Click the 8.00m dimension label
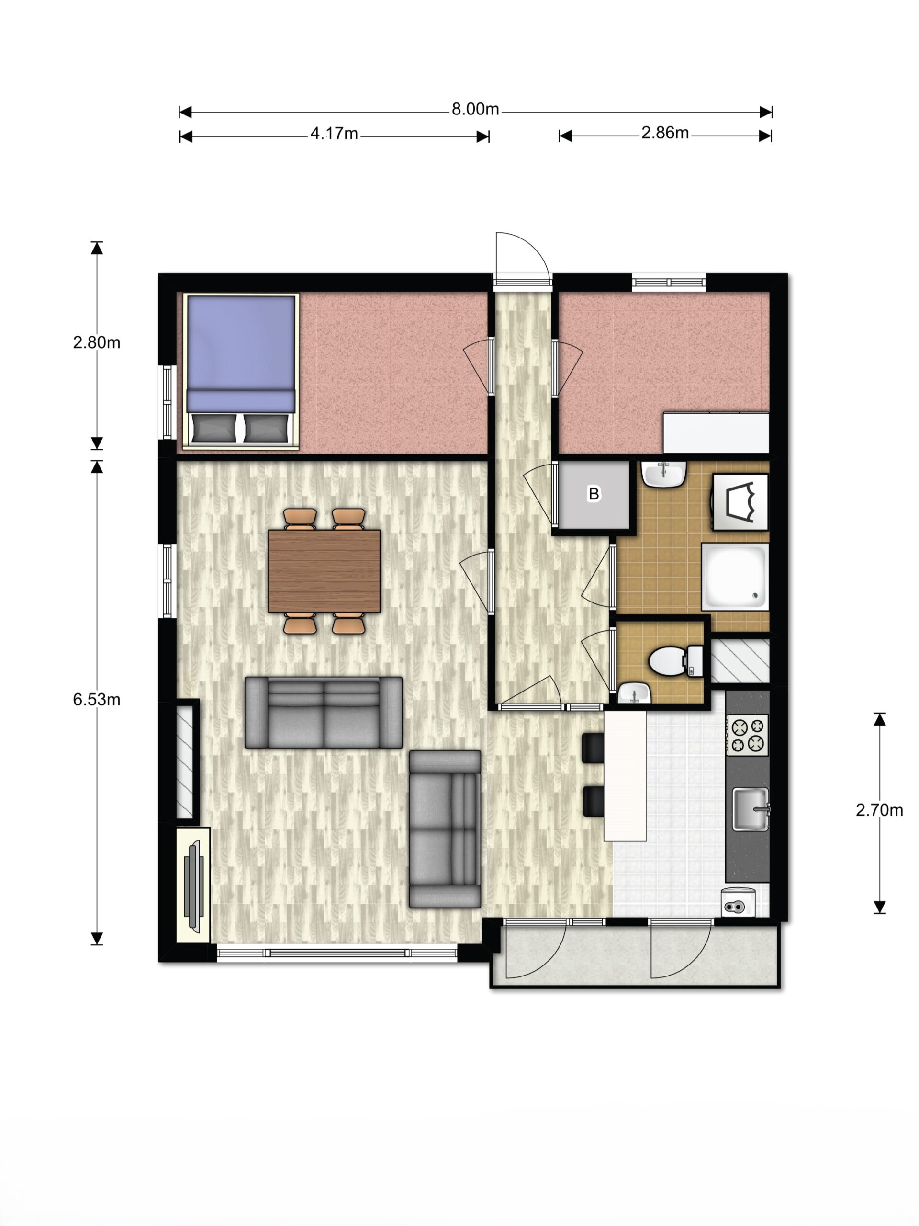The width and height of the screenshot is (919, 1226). (x=475, y=109)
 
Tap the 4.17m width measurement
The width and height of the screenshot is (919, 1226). (x=334, y=134)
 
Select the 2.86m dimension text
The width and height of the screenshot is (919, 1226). (x=665, y=133)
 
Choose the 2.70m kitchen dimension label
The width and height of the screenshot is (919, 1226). (x=879, y=810)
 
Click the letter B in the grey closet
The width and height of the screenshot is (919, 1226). (x=593, y=494)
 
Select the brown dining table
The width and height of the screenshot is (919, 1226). (x=324, y=571)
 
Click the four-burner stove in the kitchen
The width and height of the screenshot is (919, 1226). (x=747, y=736)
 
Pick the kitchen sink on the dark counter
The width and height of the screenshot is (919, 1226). (x=751, y=809)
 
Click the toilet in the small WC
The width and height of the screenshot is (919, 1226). (x=675, y=661)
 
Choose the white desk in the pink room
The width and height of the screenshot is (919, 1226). (x=716, y=432)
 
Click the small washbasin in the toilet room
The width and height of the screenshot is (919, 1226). (x=634, y=693)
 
